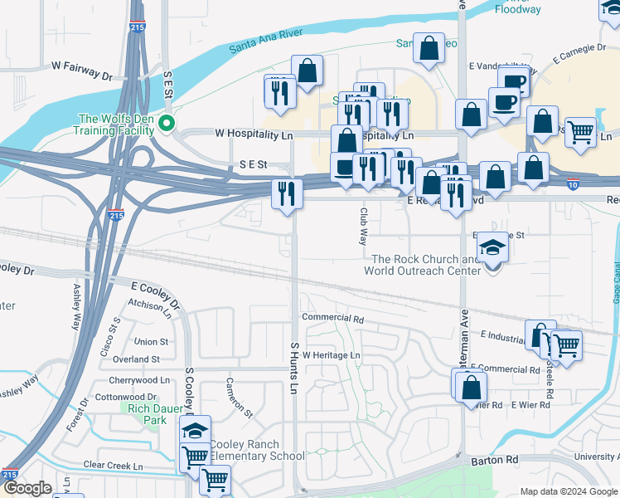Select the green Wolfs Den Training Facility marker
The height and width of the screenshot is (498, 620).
pos(167,124)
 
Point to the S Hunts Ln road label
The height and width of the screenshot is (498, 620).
pos(294,368)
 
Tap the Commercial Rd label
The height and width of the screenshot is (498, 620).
pos(333,318)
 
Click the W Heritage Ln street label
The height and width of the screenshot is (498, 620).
pos(331,355)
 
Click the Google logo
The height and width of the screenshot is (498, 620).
pos(27,488)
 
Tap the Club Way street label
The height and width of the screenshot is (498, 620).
pos(363,227)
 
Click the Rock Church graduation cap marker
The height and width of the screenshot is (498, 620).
pos(493,250)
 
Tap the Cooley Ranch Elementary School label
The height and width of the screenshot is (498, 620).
pos(257,450)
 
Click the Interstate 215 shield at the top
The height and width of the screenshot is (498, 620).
pos(137,27)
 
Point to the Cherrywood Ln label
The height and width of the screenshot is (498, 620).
pos(138,380)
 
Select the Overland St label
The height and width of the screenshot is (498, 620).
pos(136,359)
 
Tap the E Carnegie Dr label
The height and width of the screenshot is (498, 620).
pos(585,51)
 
